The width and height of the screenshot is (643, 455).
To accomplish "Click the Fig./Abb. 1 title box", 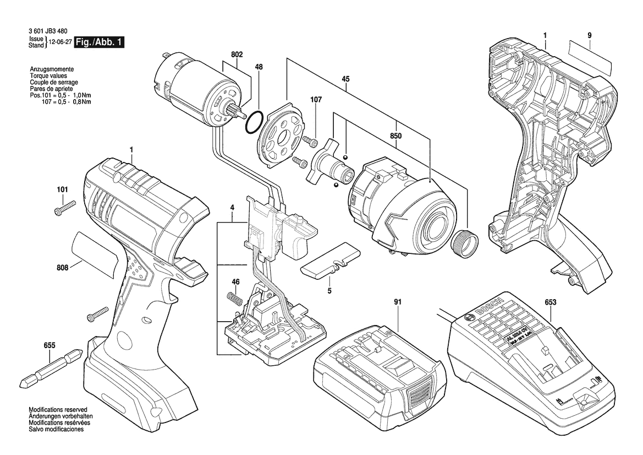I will [x=100, y=42].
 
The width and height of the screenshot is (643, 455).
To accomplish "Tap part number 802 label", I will [x=237, y=55].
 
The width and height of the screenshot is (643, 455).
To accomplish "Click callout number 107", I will [x=316, y=100].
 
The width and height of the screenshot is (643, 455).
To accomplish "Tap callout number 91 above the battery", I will [x=397, y=302].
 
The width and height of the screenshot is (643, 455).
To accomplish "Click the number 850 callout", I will [x=395, y=136].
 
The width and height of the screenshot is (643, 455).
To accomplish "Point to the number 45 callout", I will [x=345, y=79].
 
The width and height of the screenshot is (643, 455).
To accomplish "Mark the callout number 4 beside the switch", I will [x=232, y=207].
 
